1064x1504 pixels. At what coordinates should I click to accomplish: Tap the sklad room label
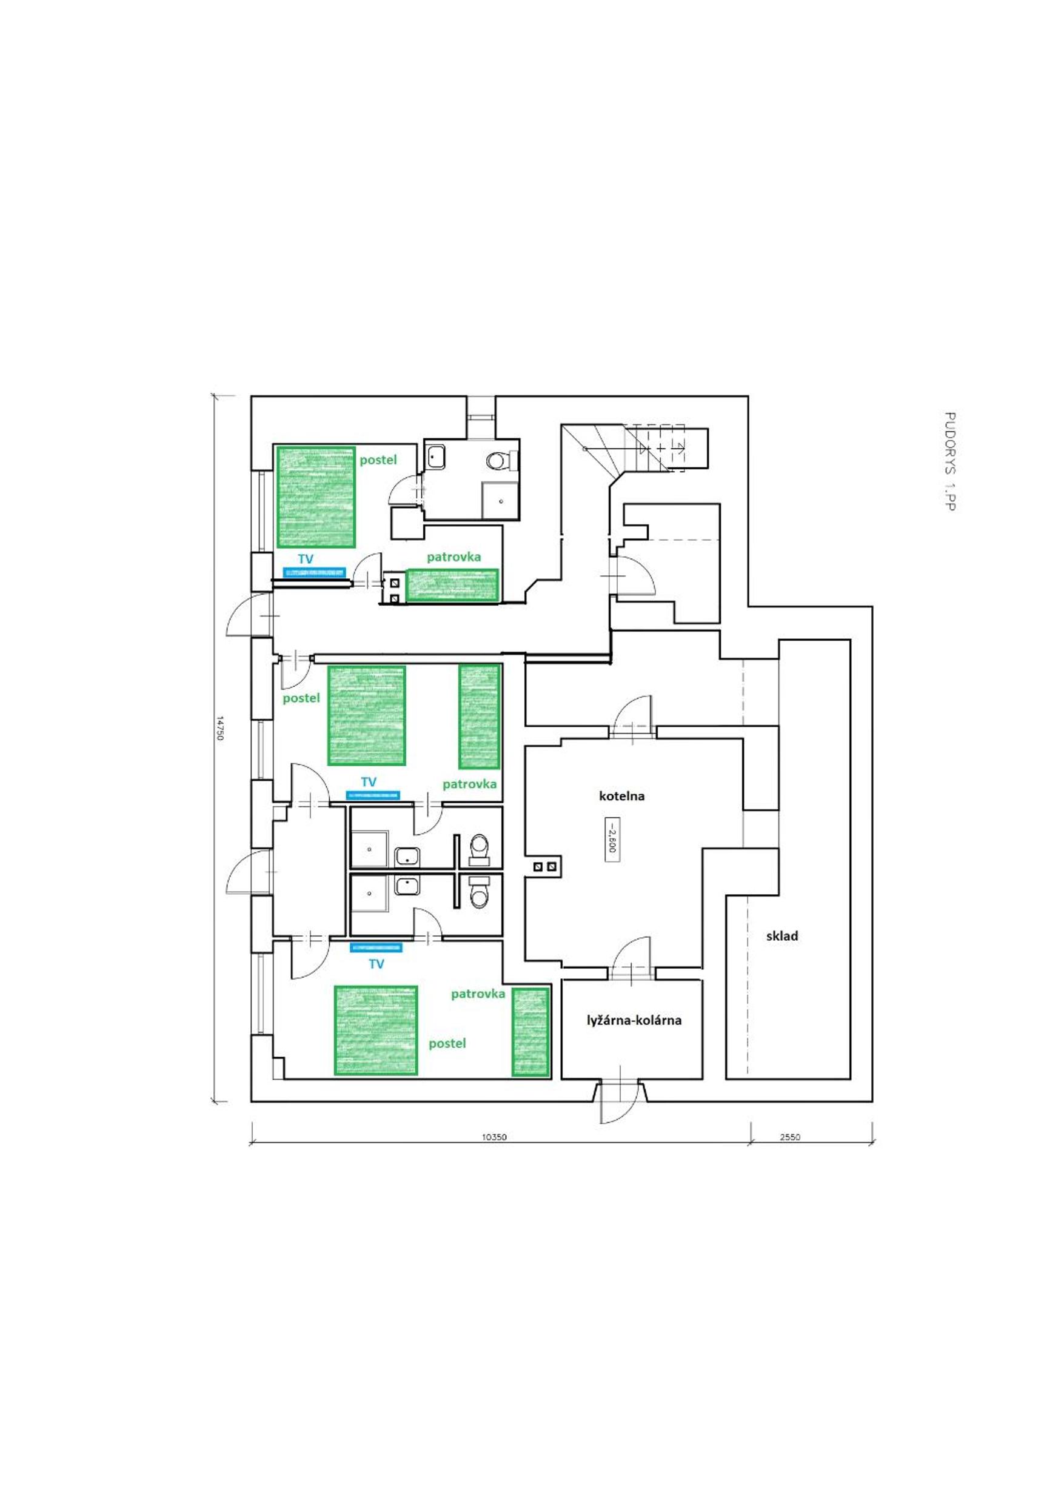click(x=782, y=936)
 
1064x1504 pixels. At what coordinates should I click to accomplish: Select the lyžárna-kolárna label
click(x=634, y=1020)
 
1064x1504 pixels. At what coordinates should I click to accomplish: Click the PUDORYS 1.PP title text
click(x=950, y=461)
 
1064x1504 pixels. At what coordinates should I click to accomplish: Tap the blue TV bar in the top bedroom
click(x=315, y=572)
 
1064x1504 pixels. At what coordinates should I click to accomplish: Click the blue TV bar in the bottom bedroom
click(x=376, y=948)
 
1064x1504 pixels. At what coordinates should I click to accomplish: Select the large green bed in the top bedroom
click(x=316, y=496)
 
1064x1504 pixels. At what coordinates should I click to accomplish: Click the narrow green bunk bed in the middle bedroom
click(x=480, y=717)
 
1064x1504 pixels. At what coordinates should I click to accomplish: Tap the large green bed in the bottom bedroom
click(x=376, y=1030)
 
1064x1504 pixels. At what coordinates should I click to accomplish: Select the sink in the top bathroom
click(x=436, y=456)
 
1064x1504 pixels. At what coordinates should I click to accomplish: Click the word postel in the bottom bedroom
click(x=447, y=1043)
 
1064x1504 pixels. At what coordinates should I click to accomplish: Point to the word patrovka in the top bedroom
click(x=454, y=558)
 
